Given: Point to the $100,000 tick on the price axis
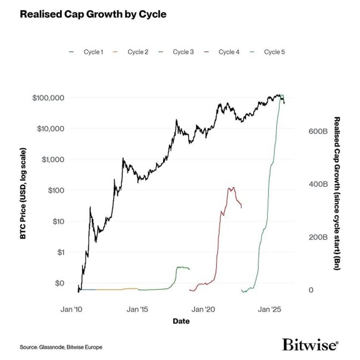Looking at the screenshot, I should pyautogui.click(x=49, y=98).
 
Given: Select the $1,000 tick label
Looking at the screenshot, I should pyautogui.click(x=52, y=159).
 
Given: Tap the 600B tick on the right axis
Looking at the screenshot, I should pyautogui.click(x=318, y=132).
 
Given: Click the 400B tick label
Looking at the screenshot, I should pyautogui.click(x=318, y=184).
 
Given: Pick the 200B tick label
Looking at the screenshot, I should pyautogui.click(x=318, y=237).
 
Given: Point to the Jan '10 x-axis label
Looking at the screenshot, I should pyautogui.click(x=71, y=309).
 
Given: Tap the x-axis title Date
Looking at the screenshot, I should pyautogui.click(x=181, y=322).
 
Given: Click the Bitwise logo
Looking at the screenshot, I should pyautogui.click(x=309, y=345).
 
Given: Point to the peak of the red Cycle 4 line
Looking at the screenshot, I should pyautogui.click(x=231, y=188).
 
